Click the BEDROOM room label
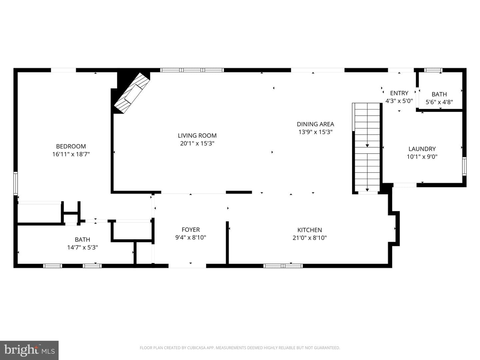pyautogui.click(x=71, y=146)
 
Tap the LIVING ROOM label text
pyautogui.click(x=197, y=136)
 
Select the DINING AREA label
pyautogui.click(x=315, y=124)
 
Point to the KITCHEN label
pyautogui.click(x=309, y=230)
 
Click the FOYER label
pyautogui.click(x=191, y=230)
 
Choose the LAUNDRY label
pyautogui.click(x=422, y=149)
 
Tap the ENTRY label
pyautogui.click(x=399, y=93)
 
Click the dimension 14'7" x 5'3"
pyautogui.click(x=82, y=247)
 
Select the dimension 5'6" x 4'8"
pyautogui.click(x=439, y=102)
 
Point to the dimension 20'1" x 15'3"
pyautogui.click(x=197, y=143)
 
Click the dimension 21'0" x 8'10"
pyautogui.click(x=309, y=238)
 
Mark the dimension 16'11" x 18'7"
pyautogui.click(x=71, y=154)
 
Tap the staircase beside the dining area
pyautogui.click(x=367, y=148)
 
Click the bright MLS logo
pyautogui.click(x=29, y=350)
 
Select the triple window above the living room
pyautogui.click(x=192, y=70)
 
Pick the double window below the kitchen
pyautogui.click(x=283, y=266)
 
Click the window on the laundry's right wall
pyautogui.click(x=464, y=166)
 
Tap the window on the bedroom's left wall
pyautogui.click(x=16, y=183)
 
